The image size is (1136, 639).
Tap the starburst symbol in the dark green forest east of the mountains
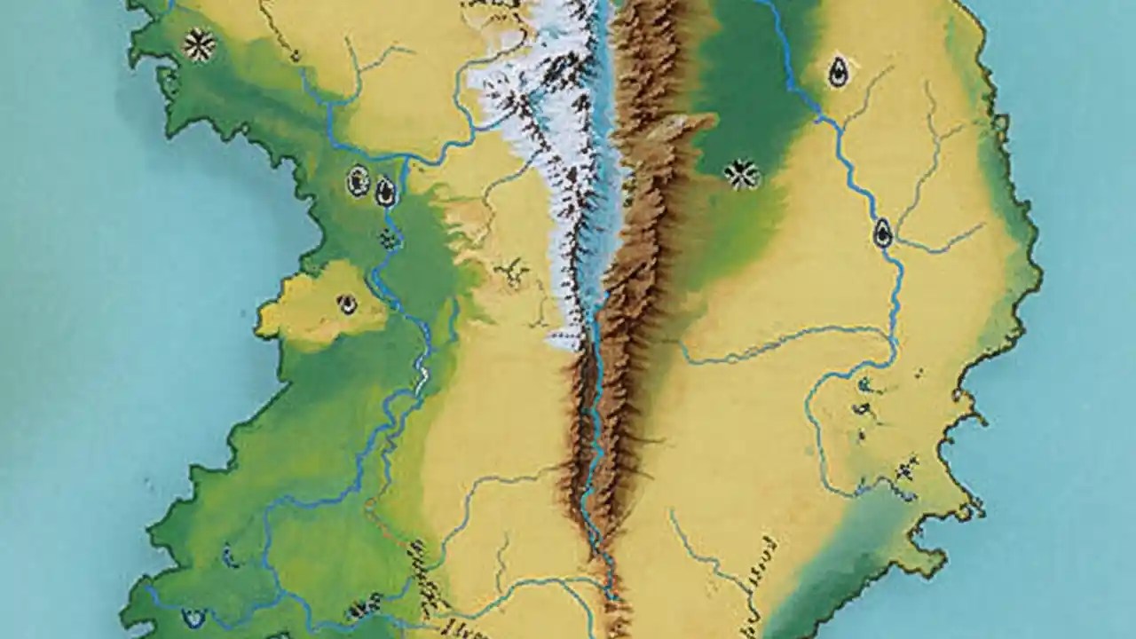coord(741,174)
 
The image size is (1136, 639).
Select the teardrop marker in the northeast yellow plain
coord(837,73)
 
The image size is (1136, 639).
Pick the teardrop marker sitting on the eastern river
coord(882,233)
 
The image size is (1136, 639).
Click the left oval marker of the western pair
coord(359,181)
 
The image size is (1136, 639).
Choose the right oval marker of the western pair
coord(385,190)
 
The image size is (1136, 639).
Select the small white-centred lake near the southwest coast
coord(192,615)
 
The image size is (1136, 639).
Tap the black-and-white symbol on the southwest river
coord(359,610)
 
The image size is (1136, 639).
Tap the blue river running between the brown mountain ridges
coord(593,426)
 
